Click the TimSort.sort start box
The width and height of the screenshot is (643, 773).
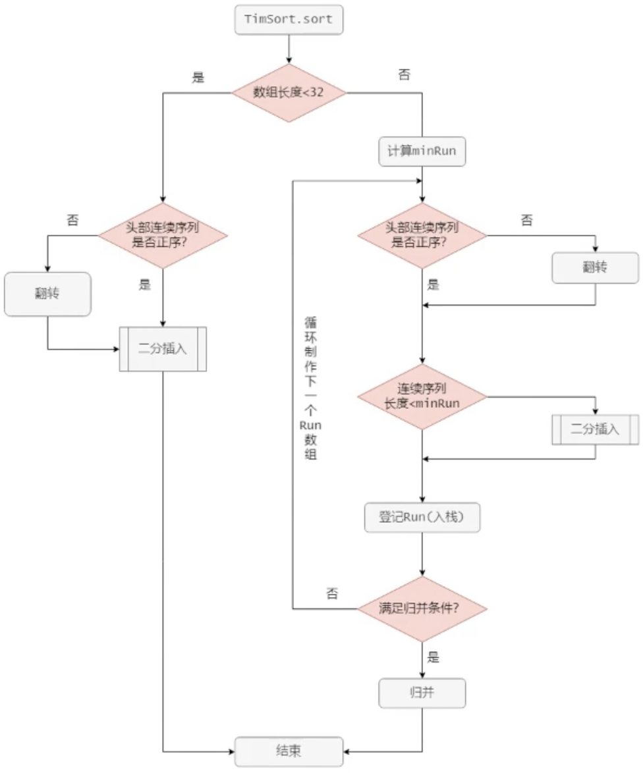coord(289,20)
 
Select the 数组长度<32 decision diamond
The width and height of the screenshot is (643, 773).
coord(289,92)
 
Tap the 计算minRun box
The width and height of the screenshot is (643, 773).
coord(422,152)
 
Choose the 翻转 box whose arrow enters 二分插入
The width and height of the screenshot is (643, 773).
coord(47,294)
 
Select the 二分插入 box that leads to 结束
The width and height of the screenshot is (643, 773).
coord(163,348)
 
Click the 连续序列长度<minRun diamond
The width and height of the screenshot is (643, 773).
coord(422,396)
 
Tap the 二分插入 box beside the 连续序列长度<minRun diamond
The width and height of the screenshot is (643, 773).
coord(595,429)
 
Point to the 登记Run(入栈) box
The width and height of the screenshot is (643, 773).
coord(422,518)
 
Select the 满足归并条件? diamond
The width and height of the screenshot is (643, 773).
coord(422,608)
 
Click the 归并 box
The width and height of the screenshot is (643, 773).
coord(422,693)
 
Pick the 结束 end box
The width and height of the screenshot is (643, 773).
coord(289,751)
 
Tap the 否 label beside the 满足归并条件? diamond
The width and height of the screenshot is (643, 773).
coord(332,594)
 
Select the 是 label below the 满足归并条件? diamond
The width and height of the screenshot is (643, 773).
coord(433,657)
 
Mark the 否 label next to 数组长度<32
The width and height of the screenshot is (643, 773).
coord(404,74)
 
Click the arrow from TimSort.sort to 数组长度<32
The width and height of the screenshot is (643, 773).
coord(289,49)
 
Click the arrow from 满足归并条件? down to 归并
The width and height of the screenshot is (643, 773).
coord(422,660)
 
